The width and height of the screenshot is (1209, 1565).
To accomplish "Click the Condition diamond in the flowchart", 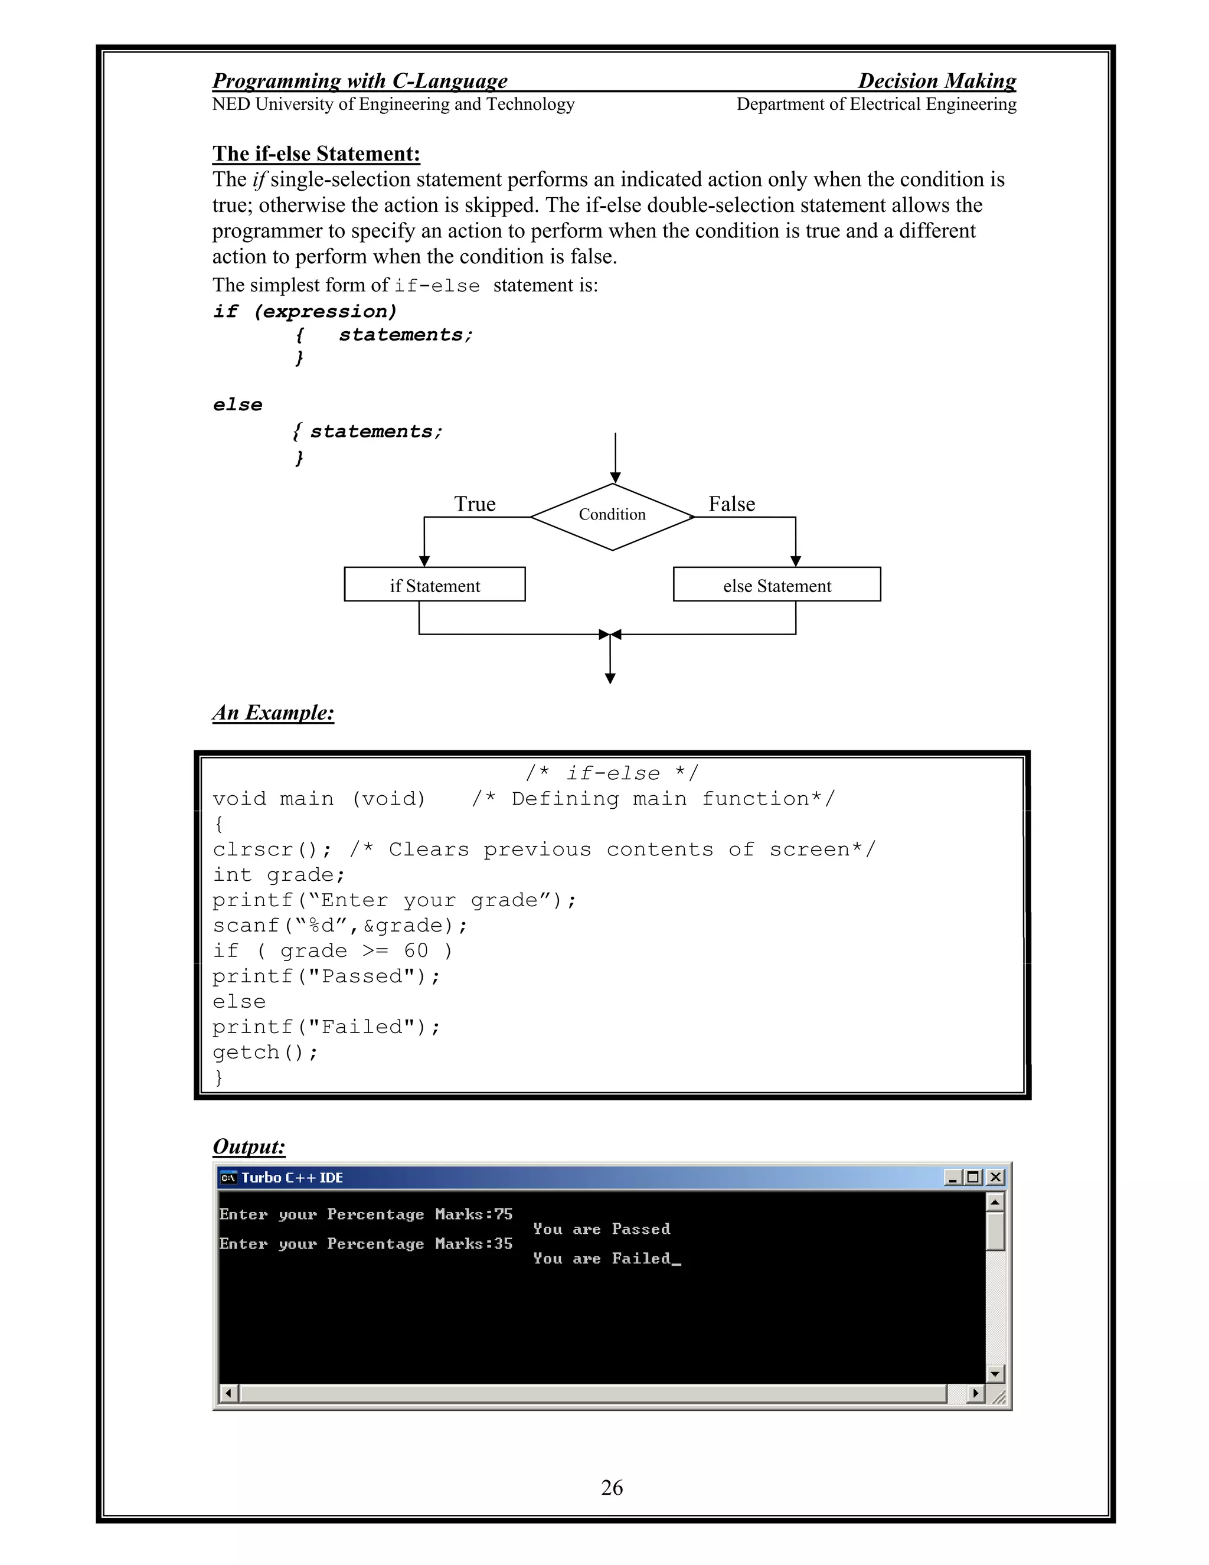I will point(612,516).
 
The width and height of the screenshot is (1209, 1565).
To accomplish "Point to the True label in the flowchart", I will point(475,504).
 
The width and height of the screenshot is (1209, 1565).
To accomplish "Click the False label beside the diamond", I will point(731,504).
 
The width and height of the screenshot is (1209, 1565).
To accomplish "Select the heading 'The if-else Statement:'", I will point(316,153).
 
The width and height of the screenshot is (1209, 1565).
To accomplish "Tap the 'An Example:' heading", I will point(273,713).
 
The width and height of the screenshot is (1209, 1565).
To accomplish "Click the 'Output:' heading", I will point(249,1146).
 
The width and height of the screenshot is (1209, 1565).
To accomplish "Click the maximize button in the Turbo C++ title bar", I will point(972,1177).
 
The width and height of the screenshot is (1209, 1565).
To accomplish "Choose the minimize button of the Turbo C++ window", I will point(952,1177).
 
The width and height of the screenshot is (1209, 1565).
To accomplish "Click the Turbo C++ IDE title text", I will point(292,1177).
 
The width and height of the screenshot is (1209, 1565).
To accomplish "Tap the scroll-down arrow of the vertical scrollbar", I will point(995,1374).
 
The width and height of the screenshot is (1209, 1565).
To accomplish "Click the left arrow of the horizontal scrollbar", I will point(228,1394).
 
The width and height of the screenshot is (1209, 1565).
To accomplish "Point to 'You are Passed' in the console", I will point(602,1229).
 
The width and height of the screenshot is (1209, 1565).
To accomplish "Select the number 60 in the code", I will point(416,951).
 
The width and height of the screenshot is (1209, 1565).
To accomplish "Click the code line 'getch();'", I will point(265,1053).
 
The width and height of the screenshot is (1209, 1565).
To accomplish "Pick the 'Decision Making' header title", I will point(937,81).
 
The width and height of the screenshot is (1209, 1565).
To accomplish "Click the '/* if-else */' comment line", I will point(612,773).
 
